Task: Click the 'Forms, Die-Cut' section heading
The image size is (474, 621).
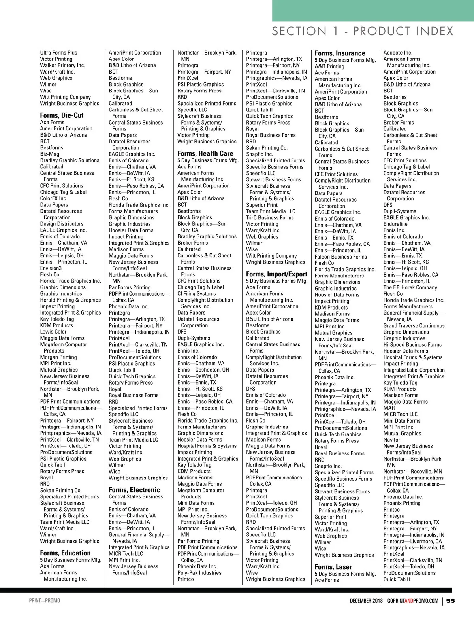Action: point(62,115)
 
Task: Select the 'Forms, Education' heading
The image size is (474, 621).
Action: point(65,553)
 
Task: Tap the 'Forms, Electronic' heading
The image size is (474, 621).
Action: point(134,490)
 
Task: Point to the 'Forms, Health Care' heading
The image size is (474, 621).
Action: point(205,153)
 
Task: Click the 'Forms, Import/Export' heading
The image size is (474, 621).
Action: point(276,274)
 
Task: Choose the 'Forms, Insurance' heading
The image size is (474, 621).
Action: point(340,53)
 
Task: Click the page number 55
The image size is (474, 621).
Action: point(450,601)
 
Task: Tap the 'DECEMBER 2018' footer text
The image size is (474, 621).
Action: point(366,601)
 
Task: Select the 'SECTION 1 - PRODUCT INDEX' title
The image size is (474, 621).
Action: point(363,31)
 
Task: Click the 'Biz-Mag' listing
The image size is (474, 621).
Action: point(49,154)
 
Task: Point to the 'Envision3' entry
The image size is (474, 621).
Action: point(51,268)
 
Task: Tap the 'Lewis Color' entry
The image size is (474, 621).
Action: point(53,332)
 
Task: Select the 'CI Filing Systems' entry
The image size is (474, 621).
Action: point(196,294)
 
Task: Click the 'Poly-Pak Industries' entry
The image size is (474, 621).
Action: point(199,573)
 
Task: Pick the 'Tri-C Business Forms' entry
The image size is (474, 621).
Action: point(270,217)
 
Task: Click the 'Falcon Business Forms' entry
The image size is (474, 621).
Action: point(340,257)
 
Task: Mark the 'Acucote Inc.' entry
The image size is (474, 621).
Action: point(398,53)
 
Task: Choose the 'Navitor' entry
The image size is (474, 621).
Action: point(391,440)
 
